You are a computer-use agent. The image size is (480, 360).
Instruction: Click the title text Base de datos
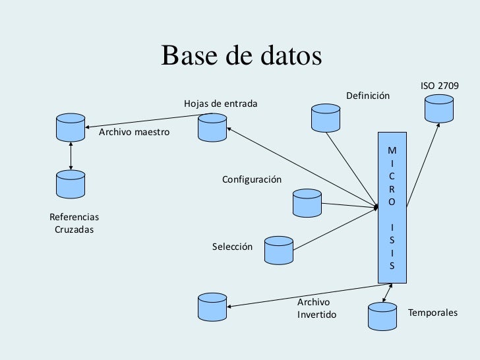(x=241, y=56)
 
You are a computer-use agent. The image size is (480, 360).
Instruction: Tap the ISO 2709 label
(x=439, y=86)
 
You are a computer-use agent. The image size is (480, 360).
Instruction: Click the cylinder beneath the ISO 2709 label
(x=439, y=109)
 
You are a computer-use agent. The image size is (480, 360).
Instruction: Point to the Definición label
(x=367, y=96)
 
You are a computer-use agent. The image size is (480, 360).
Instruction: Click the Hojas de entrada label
(x=221, y=104)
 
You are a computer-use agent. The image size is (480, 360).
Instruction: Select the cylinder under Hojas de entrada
(x=212, y=127)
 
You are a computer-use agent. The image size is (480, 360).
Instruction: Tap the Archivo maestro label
(x=134, y=133)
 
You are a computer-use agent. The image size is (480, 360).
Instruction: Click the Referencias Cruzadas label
(x=74, y=223)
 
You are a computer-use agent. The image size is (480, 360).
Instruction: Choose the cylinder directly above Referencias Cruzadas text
(x=71, y=185)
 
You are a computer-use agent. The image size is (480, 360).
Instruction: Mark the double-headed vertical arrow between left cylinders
(x=71, y=156)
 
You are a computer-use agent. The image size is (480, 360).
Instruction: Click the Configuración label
(x=251, y=180)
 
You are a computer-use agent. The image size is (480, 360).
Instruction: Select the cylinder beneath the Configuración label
(x=307, y=202)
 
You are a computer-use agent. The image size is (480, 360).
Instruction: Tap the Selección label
(x=232, y=247)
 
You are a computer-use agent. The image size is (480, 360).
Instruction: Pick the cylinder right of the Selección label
(x=278, y=250)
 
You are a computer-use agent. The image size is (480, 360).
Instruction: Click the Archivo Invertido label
(x=316, y=308)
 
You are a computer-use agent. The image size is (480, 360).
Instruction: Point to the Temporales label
(x=433, y=313)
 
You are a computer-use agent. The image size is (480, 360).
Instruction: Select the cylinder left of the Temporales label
(x=382, y=315)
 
